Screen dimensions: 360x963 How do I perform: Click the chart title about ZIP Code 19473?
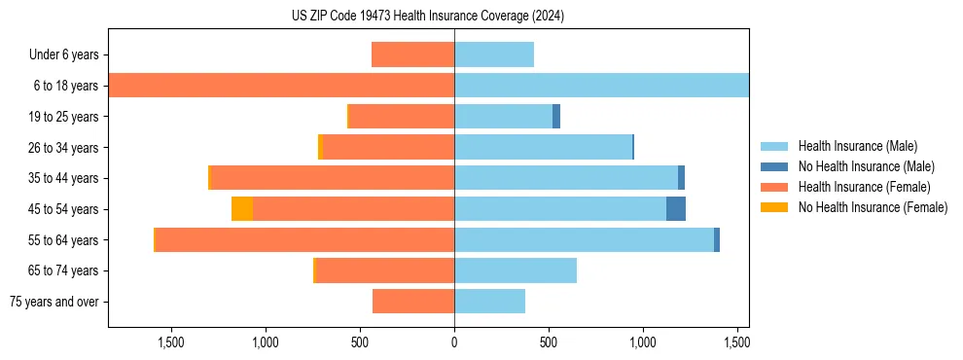point(427,17)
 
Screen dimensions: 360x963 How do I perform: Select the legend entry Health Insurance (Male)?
point(857,146)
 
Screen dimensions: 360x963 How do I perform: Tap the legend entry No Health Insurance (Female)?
point(873,207)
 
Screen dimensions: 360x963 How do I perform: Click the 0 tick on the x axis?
point(454,342)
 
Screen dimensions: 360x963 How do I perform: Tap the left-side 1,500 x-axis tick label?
point(170,342)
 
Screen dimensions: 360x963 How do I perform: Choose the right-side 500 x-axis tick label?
point(549,342)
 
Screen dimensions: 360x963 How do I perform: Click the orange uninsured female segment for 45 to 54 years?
point(242,209)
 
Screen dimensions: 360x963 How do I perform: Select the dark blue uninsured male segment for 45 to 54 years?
point(676,209)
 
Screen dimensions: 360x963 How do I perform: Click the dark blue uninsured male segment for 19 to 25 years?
point(556,117)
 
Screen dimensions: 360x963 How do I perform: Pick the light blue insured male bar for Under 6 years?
point(494,55)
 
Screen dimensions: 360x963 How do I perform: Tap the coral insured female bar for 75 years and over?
point(413,302)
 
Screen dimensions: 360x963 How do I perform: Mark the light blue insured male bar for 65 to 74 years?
point(516,270)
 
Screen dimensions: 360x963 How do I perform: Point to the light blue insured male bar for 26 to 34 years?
point(543,148)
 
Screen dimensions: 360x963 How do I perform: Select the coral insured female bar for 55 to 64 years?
point(304,240)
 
